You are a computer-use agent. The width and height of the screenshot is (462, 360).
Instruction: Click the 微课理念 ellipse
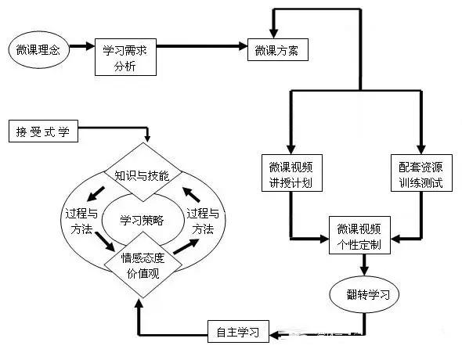38,50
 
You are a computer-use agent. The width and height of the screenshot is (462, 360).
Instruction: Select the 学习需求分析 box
125,57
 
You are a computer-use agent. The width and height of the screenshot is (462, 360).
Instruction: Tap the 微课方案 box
278,50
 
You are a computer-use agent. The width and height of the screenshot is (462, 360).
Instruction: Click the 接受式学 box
43,131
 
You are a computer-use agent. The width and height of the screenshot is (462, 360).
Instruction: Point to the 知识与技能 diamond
143,172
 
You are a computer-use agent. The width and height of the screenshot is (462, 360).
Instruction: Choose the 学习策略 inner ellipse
143,220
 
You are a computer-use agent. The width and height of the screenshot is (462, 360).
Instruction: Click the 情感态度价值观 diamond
143,265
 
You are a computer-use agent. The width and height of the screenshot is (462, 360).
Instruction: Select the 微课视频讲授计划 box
292,173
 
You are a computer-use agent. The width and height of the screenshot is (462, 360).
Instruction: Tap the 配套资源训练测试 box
421,173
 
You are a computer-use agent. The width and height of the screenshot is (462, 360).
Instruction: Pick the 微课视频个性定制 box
359,236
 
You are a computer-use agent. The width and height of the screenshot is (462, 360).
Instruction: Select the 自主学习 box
238,332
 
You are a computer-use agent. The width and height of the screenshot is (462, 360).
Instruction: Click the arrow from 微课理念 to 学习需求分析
82,46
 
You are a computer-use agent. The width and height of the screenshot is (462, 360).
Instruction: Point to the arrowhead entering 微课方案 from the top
274,34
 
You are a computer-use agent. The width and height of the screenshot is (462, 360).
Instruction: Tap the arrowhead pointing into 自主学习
275,335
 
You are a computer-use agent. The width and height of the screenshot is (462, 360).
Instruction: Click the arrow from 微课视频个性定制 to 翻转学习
365,265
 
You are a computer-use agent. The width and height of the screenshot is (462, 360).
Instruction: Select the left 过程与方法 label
81,221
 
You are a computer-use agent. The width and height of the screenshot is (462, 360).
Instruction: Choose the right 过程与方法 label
203,221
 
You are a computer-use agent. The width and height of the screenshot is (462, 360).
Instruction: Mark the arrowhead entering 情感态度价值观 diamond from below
139,303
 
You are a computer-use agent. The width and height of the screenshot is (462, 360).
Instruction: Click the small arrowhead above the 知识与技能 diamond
147,139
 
